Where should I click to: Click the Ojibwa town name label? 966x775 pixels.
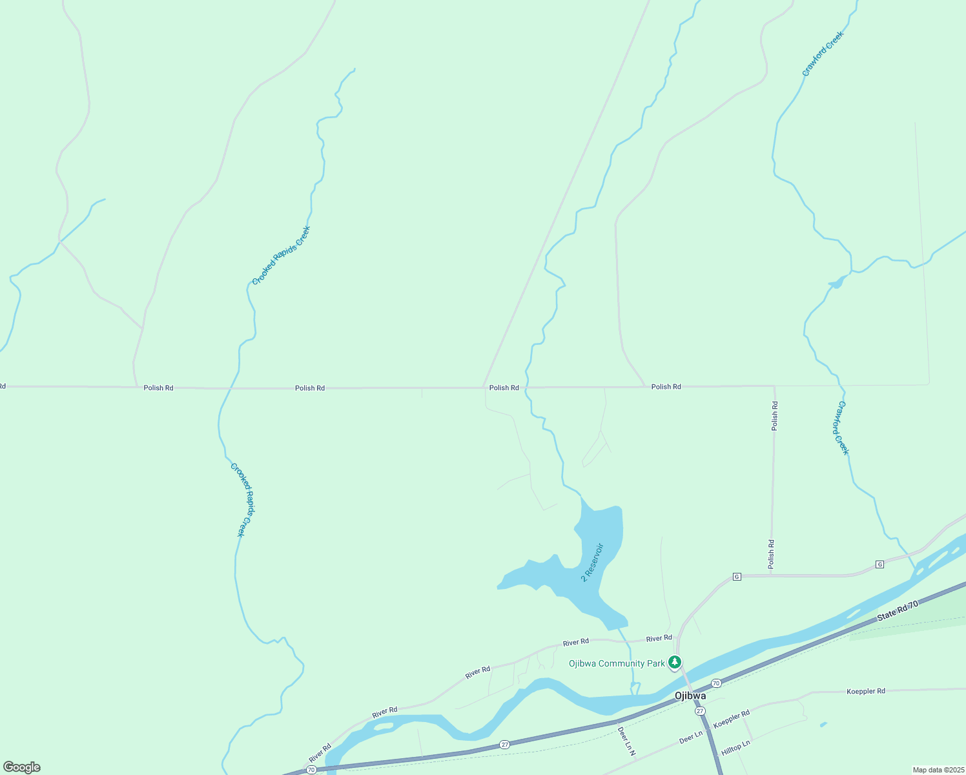(x=690, y=696)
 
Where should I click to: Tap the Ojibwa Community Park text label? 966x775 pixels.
(x=617, y=664)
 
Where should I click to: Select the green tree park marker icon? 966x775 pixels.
(x=675, y=662)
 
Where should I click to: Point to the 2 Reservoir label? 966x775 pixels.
(x=592, y=563)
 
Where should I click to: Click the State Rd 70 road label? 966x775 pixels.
(x=897, y=612)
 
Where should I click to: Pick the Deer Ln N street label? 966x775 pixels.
(x=627, y=741)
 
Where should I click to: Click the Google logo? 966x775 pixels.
(x=22, y=767)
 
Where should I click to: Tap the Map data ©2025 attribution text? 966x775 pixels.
(x=938, y=770)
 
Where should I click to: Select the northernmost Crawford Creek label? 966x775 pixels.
(x=823, y=54)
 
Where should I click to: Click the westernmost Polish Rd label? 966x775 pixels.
(x=158, y=388)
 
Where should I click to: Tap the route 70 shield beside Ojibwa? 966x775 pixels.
(x=716, y=683)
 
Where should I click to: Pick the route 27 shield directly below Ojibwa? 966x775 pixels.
(x=701, y=711)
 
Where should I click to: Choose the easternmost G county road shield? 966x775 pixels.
(x=879, y=564)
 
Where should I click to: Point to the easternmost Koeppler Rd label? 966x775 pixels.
(x=866, y=692)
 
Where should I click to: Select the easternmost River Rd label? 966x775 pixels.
(x=659, y=639)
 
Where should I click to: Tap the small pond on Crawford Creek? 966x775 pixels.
(x=837, y=282)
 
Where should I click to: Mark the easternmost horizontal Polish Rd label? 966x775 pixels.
(x=666, y=387)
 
